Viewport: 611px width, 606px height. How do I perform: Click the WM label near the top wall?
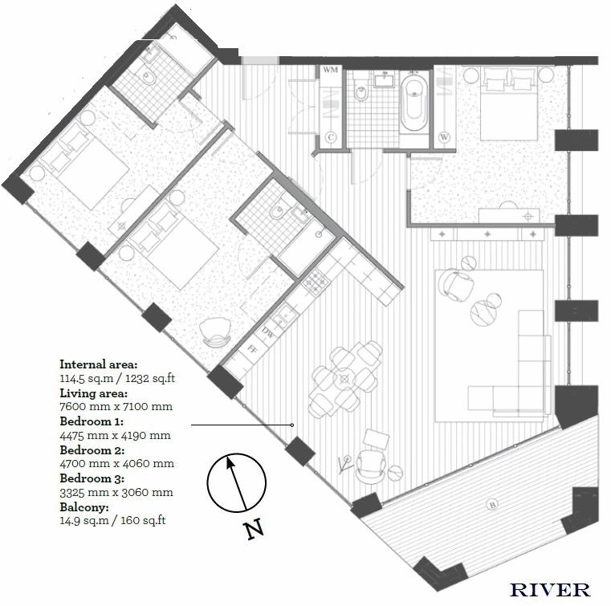(x=331, y=70)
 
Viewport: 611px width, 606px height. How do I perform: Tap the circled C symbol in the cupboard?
(x=332, y=137)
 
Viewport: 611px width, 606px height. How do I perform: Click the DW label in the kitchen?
(x=268, y=332)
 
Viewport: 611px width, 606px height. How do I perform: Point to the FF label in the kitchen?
(x=253, y=348)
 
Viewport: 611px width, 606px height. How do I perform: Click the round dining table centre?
(x=344, y=379)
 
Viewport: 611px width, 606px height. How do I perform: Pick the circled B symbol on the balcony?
(x=492, y=505)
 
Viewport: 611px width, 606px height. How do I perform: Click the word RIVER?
(x=549, y=590)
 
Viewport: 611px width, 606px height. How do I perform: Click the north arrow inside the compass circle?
(x=237, y=483)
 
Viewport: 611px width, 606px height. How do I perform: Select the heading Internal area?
(x=99, y=364)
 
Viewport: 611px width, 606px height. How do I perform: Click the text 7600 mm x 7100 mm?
(x=116, y=407)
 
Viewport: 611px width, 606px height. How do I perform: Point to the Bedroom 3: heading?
(x=92, y=478)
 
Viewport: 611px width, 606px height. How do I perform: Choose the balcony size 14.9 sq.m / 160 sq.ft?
(x=112, y=521)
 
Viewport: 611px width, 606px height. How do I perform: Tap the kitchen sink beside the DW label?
(x=283, y=314)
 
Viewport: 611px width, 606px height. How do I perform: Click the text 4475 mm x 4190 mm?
(x=115, y=435)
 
